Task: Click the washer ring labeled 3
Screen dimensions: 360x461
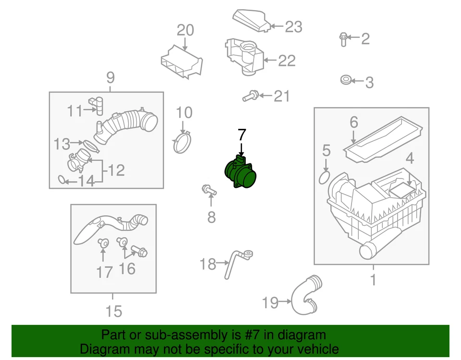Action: pos(344,80)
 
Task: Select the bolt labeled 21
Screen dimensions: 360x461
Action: pos(250,97)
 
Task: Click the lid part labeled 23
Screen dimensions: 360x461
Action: pos(250,21)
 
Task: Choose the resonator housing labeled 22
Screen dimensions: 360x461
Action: pos(243,56)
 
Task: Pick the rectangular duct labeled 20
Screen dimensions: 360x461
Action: pos(181,62)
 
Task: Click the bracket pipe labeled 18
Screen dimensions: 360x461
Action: pos(237,263)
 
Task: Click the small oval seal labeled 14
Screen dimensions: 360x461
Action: pos(62,180)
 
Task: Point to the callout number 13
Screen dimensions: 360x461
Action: pos(61,143)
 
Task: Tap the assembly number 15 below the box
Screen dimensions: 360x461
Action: pos(114,312)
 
